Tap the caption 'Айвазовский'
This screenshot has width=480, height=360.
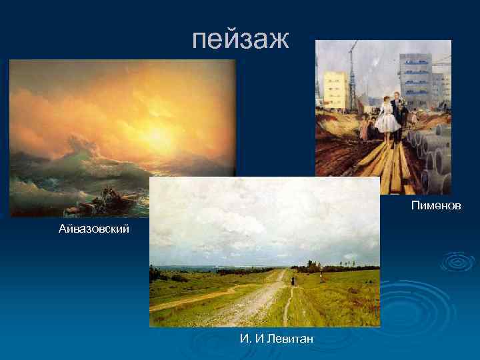coord(93,229)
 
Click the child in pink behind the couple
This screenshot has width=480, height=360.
coord(365,127)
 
